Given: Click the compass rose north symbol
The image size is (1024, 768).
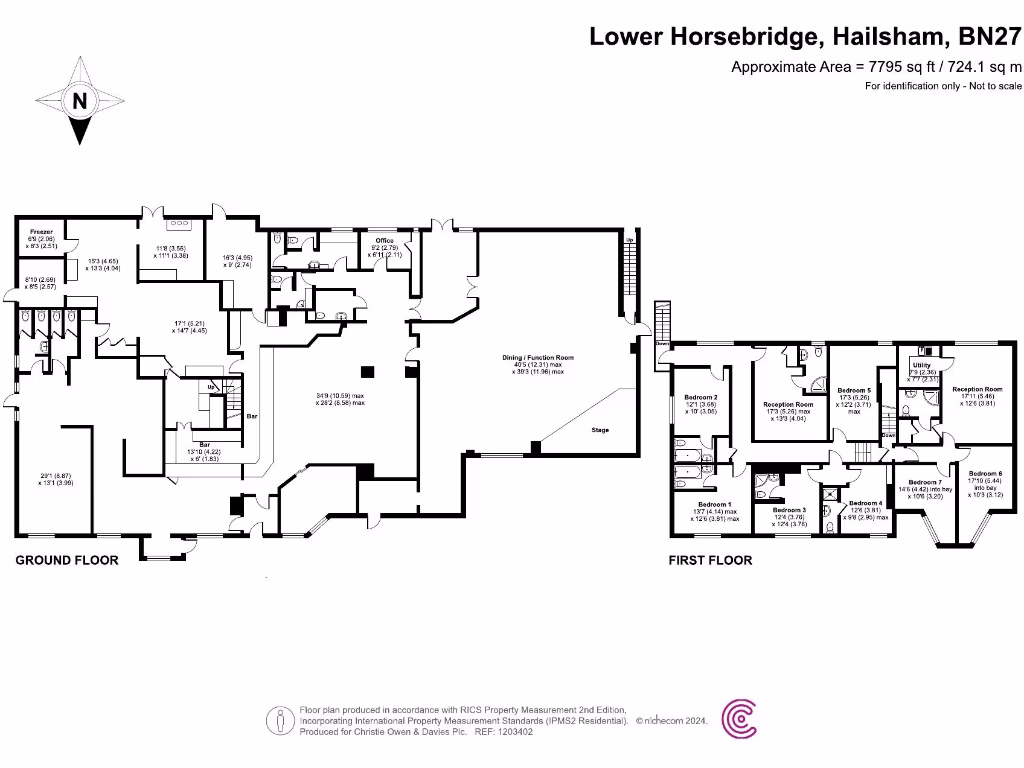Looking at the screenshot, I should pyautogui.click(x=79, y=100).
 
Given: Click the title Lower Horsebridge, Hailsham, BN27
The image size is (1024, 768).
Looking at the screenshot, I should pyautogui.click(x=806, y=37).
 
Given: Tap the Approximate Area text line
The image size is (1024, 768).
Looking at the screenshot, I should pyautogui.click(x=877, y=67).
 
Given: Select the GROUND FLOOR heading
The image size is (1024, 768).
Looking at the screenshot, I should pyautogui.click(x=67, y=560).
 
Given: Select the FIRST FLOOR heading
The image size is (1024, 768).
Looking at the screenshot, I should pyautogui.click(x=710, y=560).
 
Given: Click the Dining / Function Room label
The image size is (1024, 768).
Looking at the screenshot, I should pyautogui.click(x=538, y=358).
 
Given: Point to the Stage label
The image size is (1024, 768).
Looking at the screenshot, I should pyautogui.click(x=599, y=430).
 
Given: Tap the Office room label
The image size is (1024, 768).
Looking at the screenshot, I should pyautogui.click(x=384, y=241).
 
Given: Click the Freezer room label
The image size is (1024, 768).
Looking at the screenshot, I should pyautogui.click(x=39, y=231).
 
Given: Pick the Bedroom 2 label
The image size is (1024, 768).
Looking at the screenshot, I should pyautogui.click(x=700, y=397).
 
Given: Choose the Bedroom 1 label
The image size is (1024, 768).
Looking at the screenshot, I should pyautogui.click(x=713, y=504).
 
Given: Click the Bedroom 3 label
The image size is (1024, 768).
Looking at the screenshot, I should pyautogui.click(x=789, y=509).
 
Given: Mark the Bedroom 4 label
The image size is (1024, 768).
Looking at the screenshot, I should pyautogui.click(x=865, y=503).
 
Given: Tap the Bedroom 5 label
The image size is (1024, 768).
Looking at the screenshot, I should pyautogui.click(x=854, y=389).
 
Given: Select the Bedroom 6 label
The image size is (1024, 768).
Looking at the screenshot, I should pyautogui.click(x=985, y=473).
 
